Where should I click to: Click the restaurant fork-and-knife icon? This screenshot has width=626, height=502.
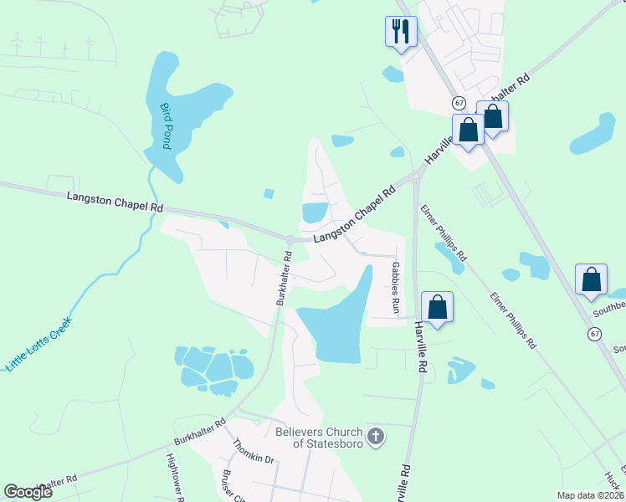click(401, 32)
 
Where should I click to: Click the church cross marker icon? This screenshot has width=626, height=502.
click(377, 436)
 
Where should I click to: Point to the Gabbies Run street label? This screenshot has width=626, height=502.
click(395, 287)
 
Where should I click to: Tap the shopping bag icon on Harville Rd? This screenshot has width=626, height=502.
click(437, 307)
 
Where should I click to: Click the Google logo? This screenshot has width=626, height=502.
click(28, 492)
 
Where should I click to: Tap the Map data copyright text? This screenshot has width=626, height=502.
click(590, 495)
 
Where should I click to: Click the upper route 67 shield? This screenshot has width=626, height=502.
click(459, 102)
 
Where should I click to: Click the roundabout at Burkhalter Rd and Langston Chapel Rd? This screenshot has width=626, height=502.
click(290, 240)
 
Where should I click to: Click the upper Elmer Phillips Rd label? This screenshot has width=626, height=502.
click(444, 231)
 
